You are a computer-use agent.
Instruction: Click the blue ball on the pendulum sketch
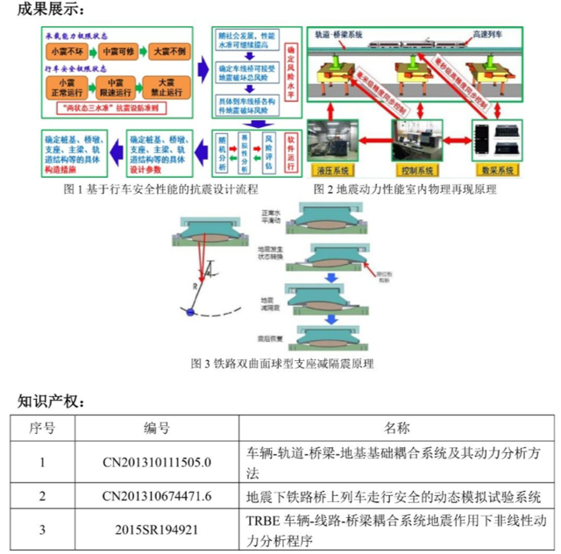(190, 312)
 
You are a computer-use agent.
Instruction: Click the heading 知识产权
(51, 401)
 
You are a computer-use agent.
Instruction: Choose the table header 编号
(157, 428)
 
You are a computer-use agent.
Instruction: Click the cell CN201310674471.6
(157, 496)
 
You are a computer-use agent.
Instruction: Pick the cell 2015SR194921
(157, 529)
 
